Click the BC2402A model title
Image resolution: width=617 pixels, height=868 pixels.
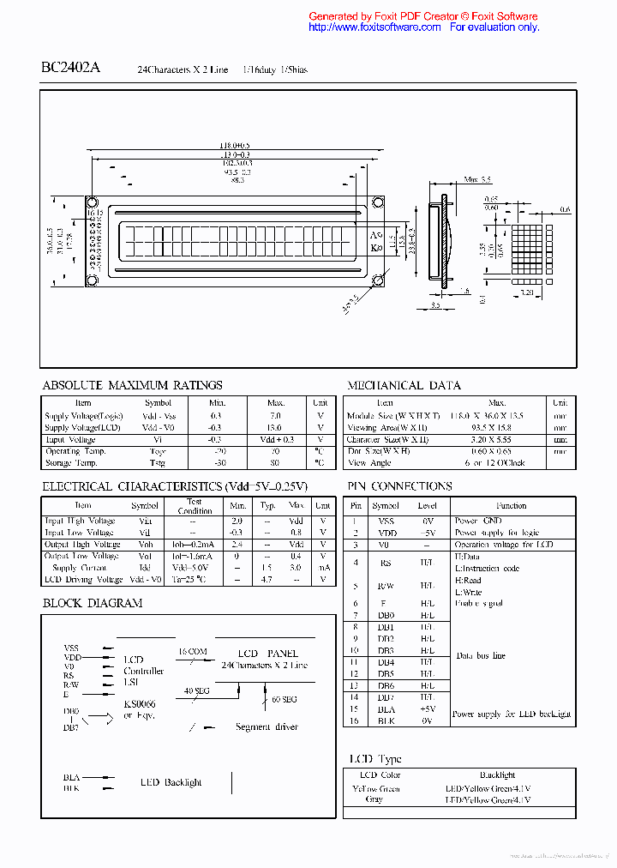pyautogui.click(x=70, y=68)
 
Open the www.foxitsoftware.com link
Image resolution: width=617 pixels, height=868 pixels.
pyautogui.click(x=374, y=27)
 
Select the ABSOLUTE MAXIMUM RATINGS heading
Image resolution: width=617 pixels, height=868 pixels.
pyautogui.click(x=132, y=386)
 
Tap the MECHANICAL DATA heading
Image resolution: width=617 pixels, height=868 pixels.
pyautogui.click(x=404, y=386)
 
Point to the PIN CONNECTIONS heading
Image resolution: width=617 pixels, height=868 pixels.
pyautogui.click(x=399, y=486)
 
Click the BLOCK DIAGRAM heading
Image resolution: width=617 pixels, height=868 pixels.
pyautogui.click(x=93, y=603)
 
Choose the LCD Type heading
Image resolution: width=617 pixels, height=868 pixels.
pyautogui.click(x=374, y=759)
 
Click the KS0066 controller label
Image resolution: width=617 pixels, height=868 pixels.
pyautogui.click(x=140, y=704)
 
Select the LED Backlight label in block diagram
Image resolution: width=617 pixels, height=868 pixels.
pyautogui.click(x=171, y=782)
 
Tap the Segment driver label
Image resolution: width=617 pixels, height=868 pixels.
pyautogui.click(x=267, y=727)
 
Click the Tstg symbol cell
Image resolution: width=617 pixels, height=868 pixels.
pyautogui.click(x=158, y=463)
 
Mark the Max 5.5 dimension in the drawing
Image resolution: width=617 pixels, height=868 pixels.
pyautogui.click(x=477, y=180)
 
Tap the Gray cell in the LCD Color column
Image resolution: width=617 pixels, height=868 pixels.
pyautogui.click(x=374, y=799)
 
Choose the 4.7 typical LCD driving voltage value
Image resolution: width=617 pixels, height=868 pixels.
pyautogui.click(x=267, y=580)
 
